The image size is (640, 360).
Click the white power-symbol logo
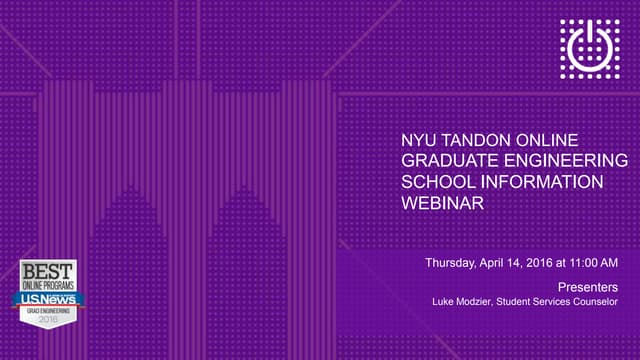[590, 48]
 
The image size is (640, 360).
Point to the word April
[496, 263]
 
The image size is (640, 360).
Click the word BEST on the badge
[47, 271]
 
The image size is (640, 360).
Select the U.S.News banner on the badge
[47, 297]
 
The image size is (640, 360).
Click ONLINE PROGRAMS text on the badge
[47, 284]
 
